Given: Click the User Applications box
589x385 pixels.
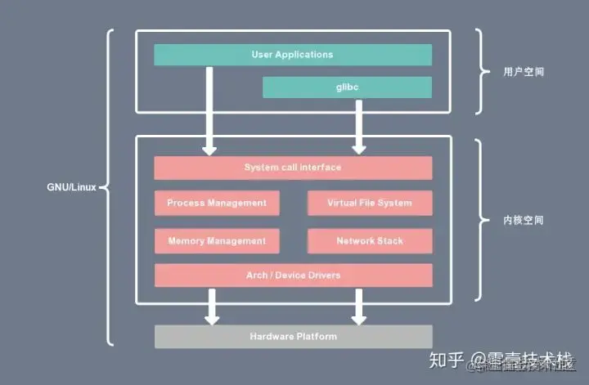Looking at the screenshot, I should [292, 55].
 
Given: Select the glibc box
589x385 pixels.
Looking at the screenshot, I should [347, 87].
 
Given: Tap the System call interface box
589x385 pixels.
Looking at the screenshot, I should [292, 168].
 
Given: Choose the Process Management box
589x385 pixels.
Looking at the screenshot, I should [217, 203].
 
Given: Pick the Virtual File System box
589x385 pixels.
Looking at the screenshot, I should [369, 203].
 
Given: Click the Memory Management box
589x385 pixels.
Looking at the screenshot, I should [217, 241].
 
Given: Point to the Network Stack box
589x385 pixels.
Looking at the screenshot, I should [369, 241].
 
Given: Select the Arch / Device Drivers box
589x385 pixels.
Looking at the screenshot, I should [292, 275].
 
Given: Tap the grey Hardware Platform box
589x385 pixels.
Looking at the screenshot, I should [292, 336].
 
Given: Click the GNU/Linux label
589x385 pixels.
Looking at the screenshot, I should [71, 186].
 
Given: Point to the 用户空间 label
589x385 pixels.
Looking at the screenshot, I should [524, 72].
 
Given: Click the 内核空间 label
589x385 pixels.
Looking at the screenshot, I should [524, 221].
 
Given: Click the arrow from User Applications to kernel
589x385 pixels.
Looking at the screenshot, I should [210, 110].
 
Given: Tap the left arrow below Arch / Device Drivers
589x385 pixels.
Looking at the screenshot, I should [210, 305].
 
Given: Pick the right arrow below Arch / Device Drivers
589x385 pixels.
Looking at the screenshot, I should [358, 305].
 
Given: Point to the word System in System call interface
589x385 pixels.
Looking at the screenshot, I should [261, 168].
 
